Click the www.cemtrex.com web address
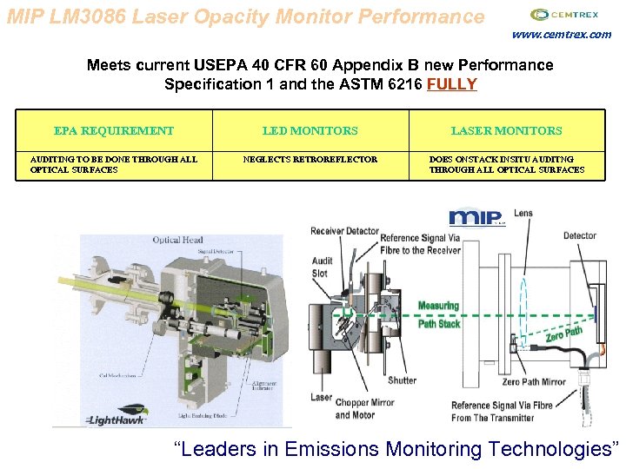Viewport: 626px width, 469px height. click(x=561, y=35)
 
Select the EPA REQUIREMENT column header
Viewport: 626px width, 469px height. click(x=114, y=131)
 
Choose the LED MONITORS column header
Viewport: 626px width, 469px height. click(x=310, y=131)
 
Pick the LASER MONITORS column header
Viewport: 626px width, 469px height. click(x=506, y=131)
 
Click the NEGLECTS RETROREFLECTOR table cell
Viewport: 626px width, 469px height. click(x=310, y=160)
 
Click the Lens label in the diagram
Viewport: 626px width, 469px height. click(x=523, y=213)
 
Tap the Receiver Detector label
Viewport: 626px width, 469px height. click(x=345, y=231)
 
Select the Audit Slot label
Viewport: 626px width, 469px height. click(x=323, y=267)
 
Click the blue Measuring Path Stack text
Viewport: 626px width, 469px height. click(x=438, y=314)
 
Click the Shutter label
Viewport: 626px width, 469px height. click(x=402, y=380)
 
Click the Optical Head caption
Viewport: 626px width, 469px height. click(x=177, y=241)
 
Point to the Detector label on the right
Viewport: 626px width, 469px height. click(x=579, y=235)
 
